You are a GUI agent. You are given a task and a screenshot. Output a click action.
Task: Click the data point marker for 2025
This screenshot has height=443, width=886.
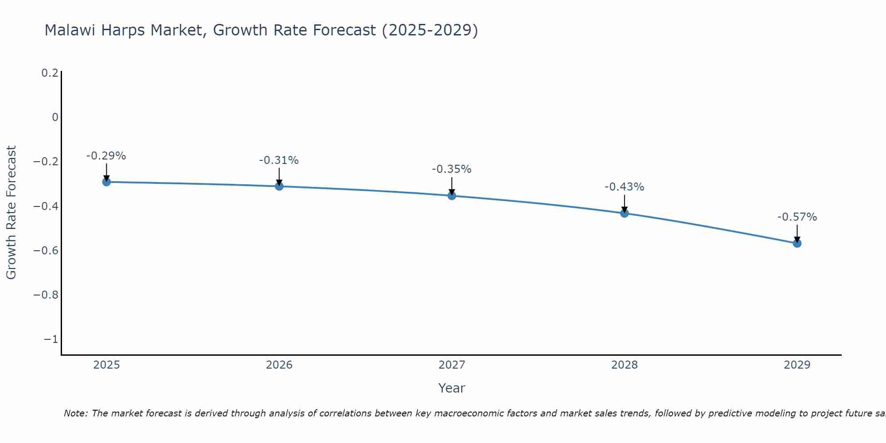(106, 182)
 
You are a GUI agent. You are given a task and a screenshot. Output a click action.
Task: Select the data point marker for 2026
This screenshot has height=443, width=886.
(279, 186)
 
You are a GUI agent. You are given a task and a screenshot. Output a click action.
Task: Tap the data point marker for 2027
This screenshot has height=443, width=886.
(452, 195)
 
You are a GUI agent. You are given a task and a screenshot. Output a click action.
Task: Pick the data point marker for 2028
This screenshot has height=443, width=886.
(625, 213)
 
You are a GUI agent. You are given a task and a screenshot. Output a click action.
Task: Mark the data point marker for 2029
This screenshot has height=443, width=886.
(797, 243)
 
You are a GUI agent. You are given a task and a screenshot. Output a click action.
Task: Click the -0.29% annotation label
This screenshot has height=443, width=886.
(106, 156)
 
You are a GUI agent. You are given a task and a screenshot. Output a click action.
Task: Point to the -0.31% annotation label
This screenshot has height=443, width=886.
(279, 160)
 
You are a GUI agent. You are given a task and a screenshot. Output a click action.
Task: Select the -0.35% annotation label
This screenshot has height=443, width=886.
(452, 169)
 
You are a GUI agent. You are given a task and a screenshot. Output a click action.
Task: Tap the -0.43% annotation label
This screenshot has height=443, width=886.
(625, 187)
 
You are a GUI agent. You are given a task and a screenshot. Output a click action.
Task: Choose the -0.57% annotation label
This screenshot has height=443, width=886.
(797, 217)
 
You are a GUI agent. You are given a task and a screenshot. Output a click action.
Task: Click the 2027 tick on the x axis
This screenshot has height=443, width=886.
(452, 365)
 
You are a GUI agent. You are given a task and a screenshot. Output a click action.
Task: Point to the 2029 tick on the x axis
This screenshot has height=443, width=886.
(797, 365)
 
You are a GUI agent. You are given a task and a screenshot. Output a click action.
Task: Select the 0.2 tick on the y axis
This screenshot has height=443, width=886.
(50, 73)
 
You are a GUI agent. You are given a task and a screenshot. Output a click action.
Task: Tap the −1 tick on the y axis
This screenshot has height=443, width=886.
(51, 339)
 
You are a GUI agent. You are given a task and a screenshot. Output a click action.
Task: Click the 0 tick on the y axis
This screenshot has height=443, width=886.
(55, 117)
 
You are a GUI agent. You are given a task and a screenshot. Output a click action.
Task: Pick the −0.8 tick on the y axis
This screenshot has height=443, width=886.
(46, 295)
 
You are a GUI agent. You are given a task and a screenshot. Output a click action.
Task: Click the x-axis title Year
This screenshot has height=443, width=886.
(452, 388)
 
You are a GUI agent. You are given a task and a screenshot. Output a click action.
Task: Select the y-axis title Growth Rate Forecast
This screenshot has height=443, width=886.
(11, 213)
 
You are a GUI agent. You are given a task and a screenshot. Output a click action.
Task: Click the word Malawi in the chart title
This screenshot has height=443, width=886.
(70, 30)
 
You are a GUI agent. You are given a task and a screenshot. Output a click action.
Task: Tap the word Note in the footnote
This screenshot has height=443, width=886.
(75, 413)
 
